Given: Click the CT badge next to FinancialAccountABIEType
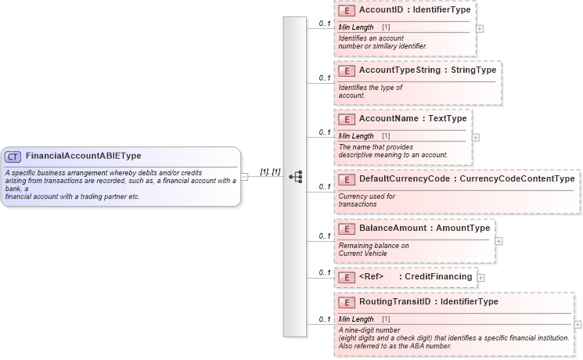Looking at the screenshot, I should [13, 157].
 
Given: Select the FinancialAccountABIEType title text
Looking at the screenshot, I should [84, 157].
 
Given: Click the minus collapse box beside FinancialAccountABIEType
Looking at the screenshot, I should [245, 177].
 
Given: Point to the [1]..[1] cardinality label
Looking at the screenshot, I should [270, 171].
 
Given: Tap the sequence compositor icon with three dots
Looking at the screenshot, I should [295, 177].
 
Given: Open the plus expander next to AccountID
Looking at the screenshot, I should [480, 28].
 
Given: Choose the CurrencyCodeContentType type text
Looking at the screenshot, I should [517, 179].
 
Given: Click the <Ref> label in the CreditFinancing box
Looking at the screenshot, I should [371, 276].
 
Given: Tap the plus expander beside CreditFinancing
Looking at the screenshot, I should [481, 277].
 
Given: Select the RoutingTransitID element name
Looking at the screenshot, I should [396, 301].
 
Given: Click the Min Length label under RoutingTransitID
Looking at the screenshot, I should [356, 319].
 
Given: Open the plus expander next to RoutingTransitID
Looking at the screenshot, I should [578, 324].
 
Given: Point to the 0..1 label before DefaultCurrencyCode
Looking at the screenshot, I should [325, 187].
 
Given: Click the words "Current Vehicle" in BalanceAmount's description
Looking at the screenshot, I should [362, 254].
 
